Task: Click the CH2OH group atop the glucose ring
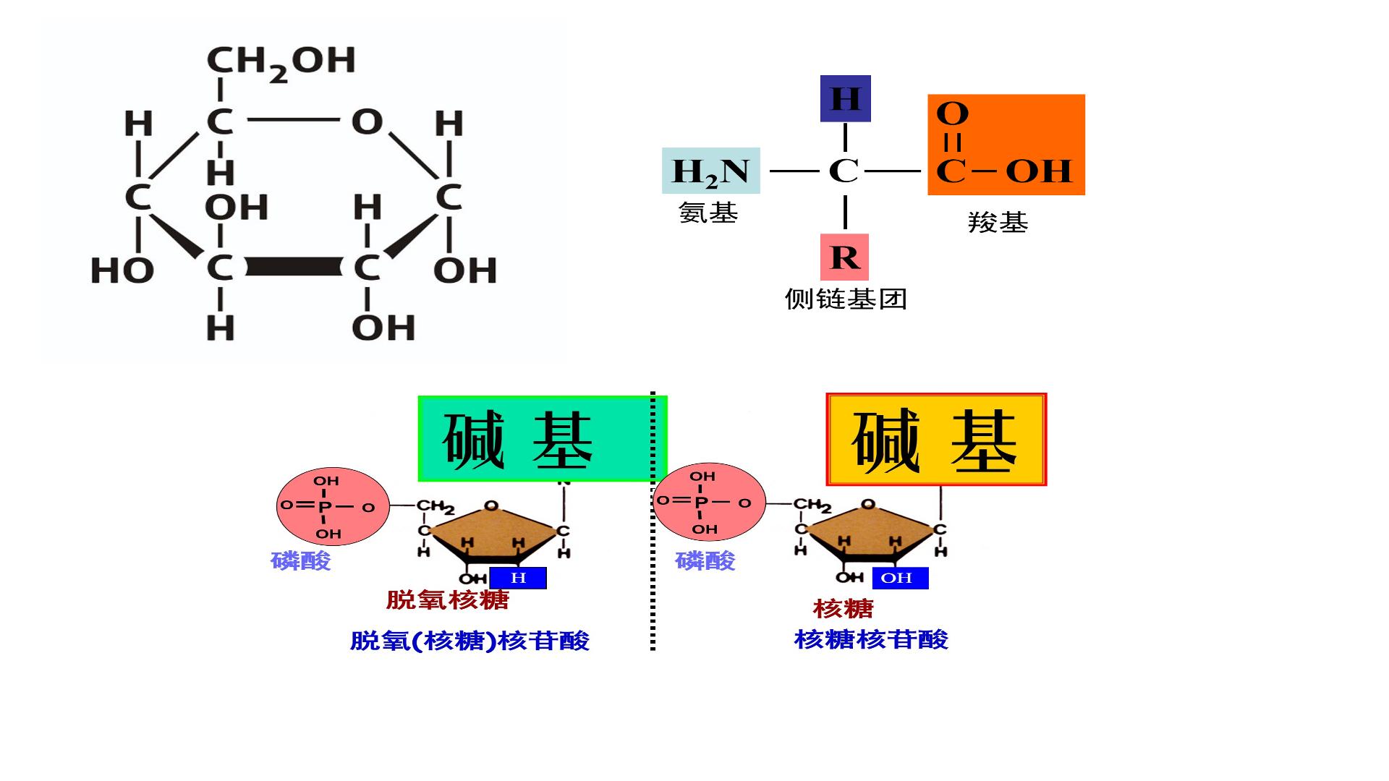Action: pyautogui.click(x=281, y=62)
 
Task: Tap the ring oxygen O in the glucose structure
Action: pyautogui.click(x=367, y=121)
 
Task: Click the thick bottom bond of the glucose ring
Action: pyautogui.click(x=293, y=267)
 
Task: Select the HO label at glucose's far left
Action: pyautogui.click(x=122, y=271)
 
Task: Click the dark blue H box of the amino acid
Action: pyautogui.click(x=845, y=98)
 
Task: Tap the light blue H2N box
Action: pyautogui.click(x=710, y=171)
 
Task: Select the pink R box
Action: pyautogui.click(x=844, y=257)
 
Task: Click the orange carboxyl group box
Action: pyautogui.click(x=1006, y=145)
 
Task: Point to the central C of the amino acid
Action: pyautogui.click(x=844, y=171)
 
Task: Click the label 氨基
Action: pyautogui.click(x=708, y=213)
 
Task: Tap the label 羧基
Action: pyautogui.click(x=998, y=222)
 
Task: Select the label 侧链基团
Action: pyautogui.click(x=846, y=299)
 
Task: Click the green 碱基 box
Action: pyautogui.click(x=543, y=439)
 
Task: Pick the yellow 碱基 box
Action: pyautogui.click(x=936, y=439)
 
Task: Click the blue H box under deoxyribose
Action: pyautogui.click(x=518, y=578)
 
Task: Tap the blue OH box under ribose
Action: pyautogui.click(x=900, y=578)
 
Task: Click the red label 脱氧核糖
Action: pyautogui.click(x=447, y=599)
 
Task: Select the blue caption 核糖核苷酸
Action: pyautogui.click(x=871, y=639)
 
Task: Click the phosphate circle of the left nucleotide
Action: pyautogui.click(x=333, y=507)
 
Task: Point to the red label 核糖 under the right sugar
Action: pyautogui.click(x=844, y=608)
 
